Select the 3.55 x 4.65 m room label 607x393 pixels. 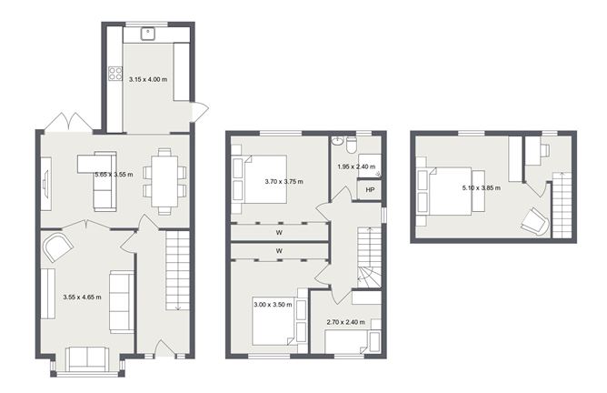pyautogui.click(x=82, y=297)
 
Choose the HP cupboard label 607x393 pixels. pyautogui.click(x=368, y=190)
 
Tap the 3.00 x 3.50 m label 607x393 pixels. pyautogui.click(x=272, y=305)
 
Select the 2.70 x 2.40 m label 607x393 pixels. pyautogui.click(x=344, y=322)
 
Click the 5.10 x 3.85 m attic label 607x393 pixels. pyautogui.click(x=482, y=188)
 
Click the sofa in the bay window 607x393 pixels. pyautogui.click(x=87, y=358)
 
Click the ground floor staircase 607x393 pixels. pyautogui.click(x=176, y=271)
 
